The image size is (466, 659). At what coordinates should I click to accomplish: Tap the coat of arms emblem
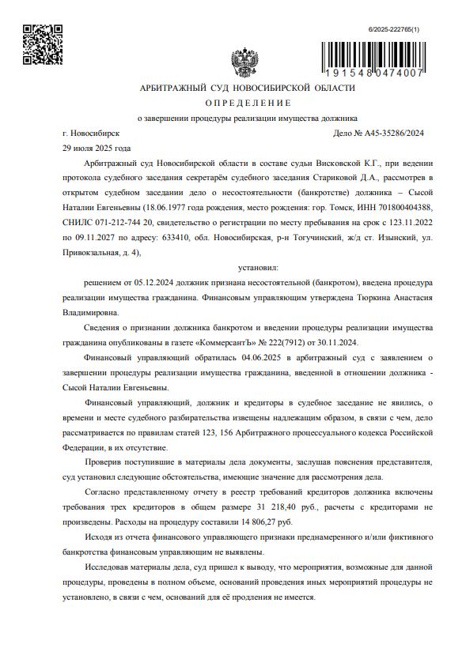coord(240,62)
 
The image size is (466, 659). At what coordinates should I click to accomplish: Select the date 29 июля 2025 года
coord(97,148)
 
